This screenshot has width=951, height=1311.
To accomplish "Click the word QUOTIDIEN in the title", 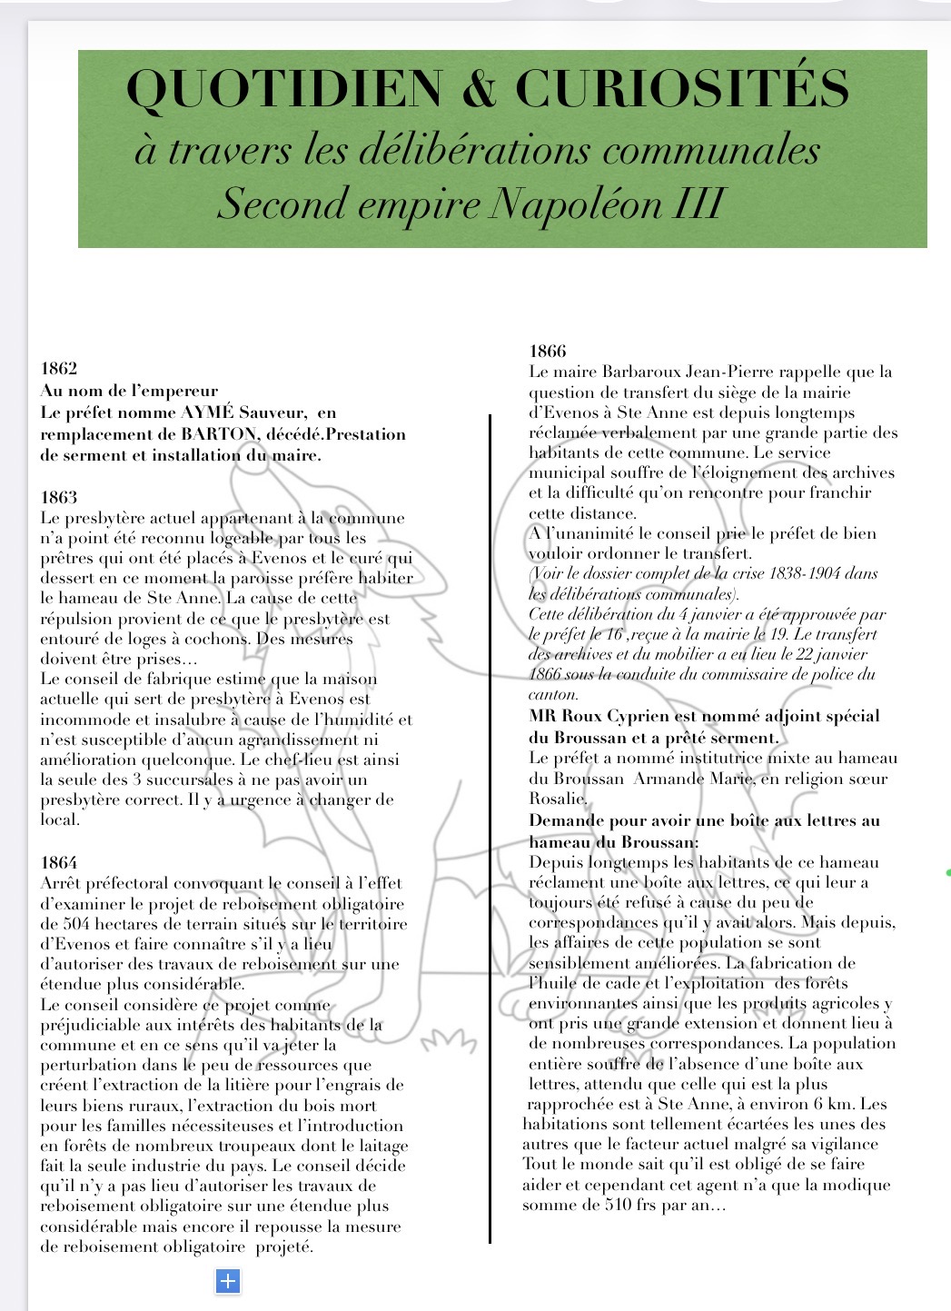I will coord(284,89).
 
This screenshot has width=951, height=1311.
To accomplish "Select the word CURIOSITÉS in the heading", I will coord(682,89).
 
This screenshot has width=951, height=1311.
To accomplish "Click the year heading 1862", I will coord(59,369).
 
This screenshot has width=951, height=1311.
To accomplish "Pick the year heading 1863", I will coord(59,498).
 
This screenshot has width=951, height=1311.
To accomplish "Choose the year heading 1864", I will coord(59,863).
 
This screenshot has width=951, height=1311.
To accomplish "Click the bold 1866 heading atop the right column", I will coord(548,352).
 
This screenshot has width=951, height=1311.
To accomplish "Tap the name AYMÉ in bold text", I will coord(208,412).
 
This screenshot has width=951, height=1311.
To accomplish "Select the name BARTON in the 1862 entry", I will coord(219,433).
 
